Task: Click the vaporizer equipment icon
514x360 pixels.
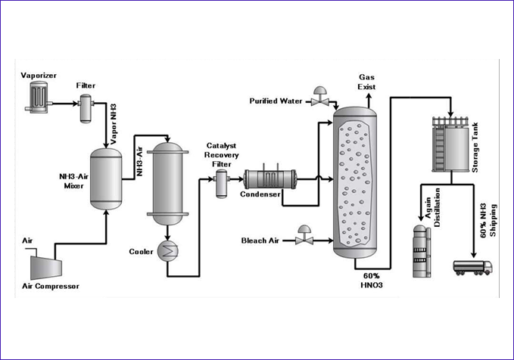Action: [x=35, y=96]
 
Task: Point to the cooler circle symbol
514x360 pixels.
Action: [x=164, y=252]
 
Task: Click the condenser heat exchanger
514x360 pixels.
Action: [x=269, y=179]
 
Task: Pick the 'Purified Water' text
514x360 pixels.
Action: [x=276, y=101]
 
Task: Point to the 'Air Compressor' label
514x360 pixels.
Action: [x=51, y=286]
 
